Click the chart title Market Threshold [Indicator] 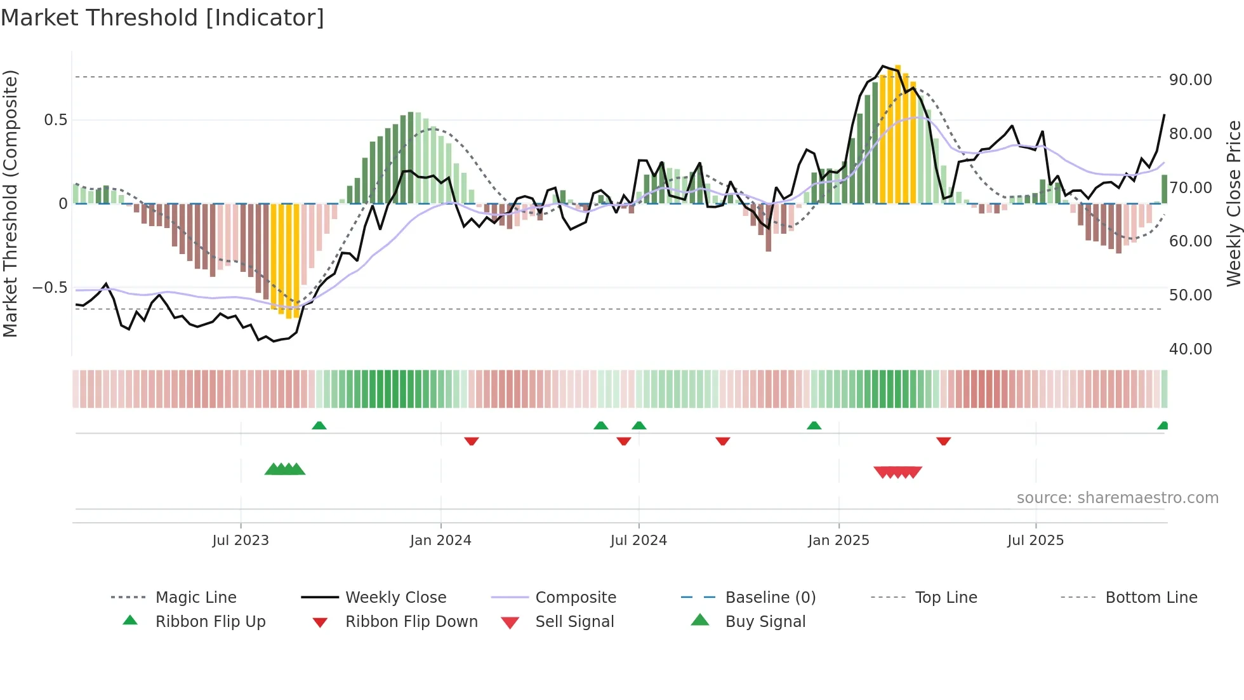[x=162, y=18]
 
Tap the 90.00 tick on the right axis [x=1190, y=80]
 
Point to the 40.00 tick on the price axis [x=1190, y=349]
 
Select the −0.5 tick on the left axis [x=50, y=288]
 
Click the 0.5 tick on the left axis [x=55, y=120]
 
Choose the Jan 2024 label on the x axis [x=440, y=541]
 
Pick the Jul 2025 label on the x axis [x=1035, y=541]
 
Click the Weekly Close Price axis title [x=1233, y=203]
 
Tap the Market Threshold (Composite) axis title [x=10, y=203]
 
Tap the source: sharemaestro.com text [x=1117, y=498]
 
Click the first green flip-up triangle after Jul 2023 [x=319, y=426]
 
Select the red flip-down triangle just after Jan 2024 [x=471, y=441]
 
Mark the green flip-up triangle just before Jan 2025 [x=814, y=426]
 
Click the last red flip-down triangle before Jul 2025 [x=943, y=441]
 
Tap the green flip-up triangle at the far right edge [x=1163, y=426]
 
